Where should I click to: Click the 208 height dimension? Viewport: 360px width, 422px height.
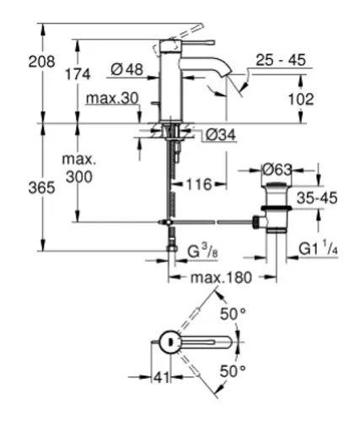41,62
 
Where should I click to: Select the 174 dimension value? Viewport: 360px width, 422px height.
78,74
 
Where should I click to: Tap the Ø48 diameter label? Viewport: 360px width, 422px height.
126,69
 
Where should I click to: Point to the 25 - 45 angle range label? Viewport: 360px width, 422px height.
281,60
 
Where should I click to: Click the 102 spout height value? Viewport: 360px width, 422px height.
301,99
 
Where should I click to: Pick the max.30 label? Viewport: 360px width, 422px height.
112,98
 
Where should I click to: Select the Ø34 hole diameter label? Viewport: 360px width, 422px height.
221,136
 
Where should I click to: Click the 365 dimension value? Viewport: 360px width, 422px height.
41,187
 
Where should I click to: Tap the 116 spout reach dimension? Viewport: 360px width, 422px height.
199,185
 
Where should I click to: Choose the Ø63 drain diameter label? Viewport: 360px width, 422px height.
277,170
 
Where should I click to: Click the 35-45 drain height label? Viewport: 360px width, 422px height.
317,198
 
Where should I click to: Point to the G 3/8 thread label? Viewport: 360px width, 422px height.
202,252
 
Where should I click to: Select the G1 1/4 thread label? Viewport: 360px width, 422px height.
318,249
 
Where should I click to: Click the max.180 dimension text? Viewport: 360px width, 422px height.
221,278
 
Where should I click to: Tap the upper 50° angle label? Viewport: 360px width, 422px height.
233,314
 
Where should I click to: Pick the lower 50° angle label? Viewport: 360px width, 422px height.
233,371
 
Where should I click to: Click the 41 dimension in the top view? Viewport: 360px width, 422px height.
161,377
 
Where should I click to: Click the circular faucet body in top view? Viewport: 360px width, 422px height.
169,342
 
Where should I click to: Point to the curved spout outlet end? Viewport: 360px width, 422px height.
226,73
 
